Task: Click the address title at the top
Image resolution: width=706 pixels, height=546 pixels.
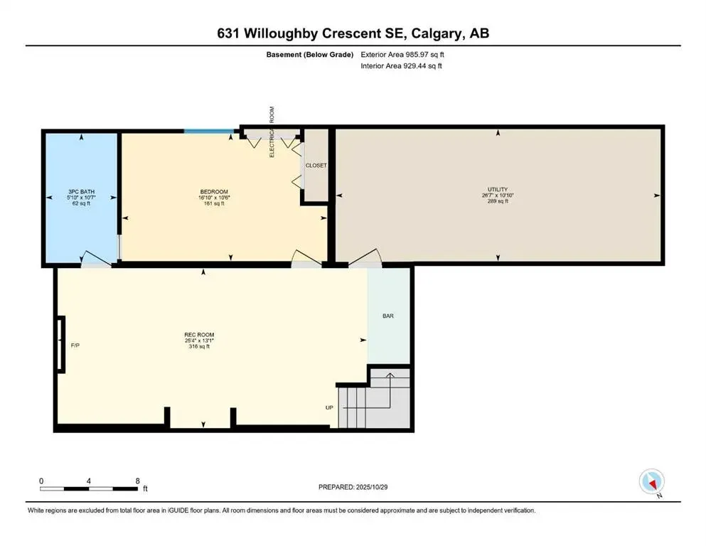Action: click(x=353, y=33)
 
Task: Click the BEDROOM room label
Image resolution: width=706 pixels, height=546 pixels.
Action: click(x=213, y=192)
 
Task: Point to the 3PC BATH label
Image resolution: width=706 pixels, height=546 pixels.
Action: click(x=82, y=192)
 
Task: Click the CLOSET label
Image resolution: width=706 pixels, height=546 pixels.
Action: click(x=316, y=166)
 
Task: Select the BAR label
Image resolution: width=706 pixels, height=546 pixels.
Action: click(x=388, y=316)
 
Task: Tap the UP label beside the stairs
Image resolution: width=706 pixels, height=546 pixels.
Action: click(x=329, y=408)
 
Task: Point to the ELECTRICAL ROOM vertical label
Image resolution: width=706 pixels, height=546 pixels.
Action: click(x=272, y=132)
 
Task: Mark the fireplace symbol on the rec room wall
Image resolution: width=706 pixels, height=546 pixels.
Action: click(x=60, y=345)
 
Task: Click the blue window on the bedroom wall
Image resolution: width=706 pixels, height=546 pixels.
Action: click(x=208, y=131)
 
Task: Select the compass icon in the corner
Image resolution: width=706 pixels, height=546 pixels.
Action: click(x=651, y=482)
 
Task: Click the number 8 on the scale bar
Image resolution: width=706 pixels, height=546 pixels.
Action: click(x=137, y=481)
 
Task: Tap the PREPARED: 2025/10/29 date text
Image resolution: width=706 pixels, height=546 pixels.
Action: click(x=353, y=487)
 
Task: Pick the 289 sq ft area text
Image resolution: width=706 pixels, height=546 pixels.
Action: click(x=498, y=202)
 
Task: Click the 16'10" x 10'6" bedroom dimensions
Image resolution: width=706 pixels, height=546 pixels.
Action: click(x=213, y=198)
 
